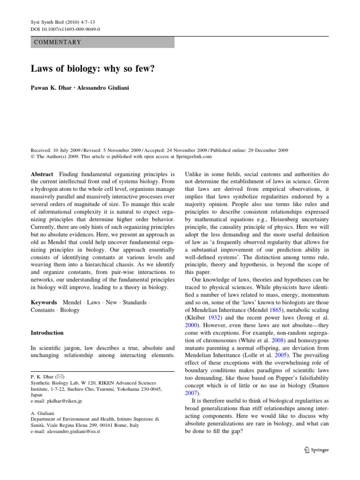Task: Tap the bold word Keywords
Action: (x=44, y=302)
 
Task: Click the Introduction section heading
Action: (x=47, y=333)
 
